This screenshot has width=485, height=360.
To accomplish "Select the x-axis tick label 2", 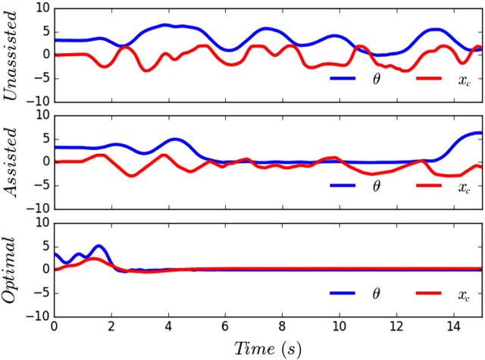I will [x=111, y=326].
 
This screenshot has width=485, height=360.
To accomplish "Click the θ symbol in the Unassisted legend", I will [x=377, y=78].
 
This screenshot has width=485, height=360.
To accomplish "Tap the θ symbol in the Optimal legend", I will [x=377, y=293].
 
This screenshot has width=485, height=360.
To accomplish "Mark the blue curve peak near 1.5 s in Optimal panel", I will [x=99, y=246].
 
